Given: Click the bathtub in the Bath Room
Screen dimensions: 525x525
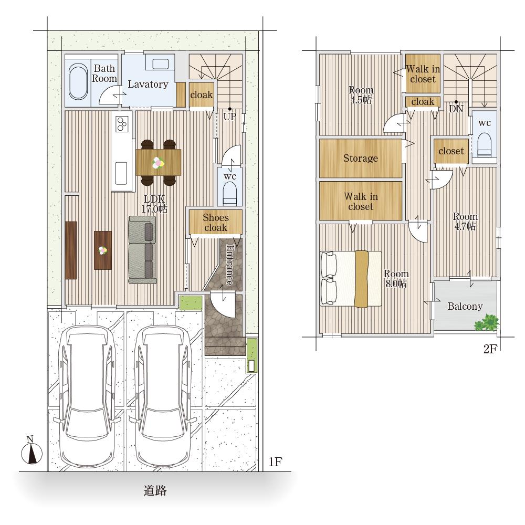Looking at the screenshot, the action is [78, 81].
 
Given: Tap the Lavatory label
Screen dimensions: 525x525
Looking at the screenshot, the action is [148, 84].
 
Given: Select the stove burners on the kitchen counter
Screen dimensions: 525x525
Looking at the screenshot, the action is [122, 124].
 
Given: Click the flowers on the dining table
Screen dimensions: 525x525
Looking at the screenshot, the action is [158, 163].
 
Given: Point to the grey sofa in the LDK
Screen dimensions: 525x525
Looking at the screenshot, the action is [143, 250].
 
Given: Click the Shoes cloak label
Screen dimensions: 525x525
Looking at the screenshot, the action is [216, 222].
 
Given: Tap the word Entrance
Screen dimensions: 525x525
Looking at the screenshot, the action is [230, 265].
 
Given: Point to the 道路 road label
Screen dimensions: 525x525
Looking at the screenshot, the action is [155, 491].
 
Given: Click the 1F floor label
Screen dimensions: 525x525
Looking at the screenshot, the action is [275, 462].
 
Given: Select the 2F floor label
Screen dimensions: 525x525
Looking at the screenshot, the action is [490, 349].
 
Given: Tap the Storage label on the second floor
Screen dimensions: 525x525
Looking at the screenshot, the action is [361, 158].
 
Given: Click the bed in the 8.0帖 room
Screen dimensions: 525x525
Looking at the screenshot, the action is [351, 279].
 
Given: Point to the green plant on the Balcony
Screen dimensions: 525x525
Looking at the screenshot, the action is [487, 322].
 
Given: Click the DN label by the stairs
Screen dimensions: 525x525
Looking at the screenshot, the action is [456, 109].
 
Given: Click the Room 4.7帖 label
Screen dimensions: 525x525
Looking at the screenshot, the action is [465, 222].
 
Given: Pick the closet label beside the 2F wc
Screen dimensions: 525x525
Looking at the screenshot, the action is [451, 151].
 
